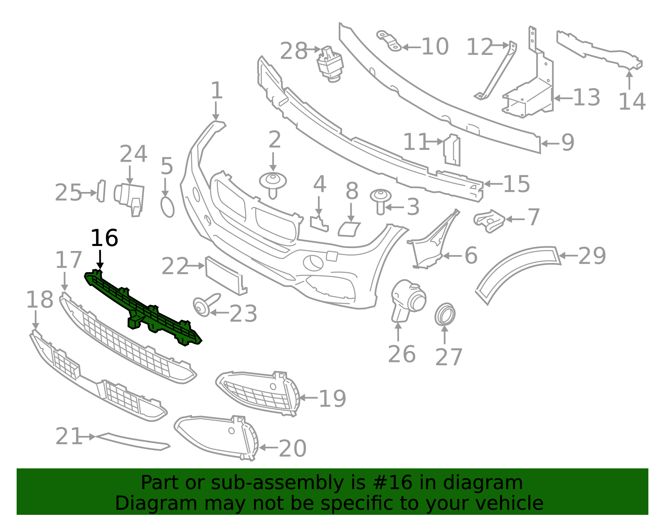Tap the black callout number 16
tap(104, 238)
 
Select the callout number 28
tap(293, 51)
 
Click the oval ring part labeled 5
tap(167, 207)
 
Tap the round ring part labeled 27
tap(445, 315)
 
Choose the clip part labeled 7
tap(489, 221)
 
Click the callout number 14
tap(632, 101)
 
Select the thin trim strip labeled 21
tap(132, 441)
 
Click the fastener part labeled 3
tap(380, 202)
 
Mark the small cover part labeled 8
tap(349, 230)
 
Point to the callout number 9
tap(568, 143)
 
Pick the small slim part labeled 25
tap(101, 191)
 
